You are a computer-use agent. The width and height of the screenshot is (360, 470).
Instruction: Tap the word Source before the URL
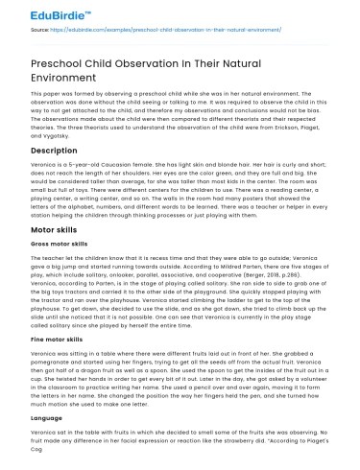click(40, 31)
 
